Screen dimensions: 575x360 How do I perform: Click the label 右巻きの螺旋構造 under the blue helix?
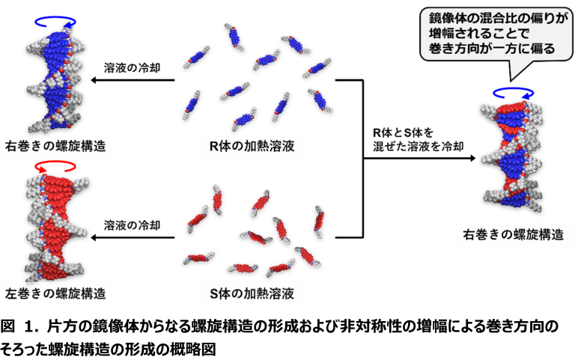click(x=55, y=146)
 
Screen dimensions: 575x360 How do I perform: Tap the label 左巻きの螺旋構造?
click(x=55, y=293)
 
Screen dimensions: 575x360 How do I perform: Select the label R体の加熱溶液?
click(x=252, y=146)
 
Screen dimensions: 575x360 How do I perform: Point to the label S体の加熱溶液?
click(x=252, y=293)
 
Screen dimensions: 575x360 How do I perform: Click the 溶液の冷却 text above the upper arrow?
click(x=132, y=68)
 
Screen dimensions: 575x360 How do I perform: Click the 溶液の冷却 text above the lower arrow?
click(x=132, y=225)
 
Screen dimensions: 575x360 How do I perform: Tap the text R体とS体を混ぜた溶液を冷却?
click(x=418, y=139)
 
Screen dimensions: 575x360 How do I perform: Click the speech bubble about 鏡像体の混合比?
click(x=496, y=34)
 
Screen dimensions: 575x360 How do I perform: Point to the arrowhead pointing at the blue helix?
click(x=94, y=80)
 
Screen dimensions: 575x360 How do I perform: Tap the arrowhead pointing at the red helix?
click(x=94, y=237)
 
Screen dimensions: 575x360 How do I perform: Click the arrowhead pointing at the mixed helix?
click(x=472, y=159)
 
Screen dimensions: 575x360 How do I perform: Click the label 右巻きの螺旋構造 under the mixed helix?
click(x=513, y=234)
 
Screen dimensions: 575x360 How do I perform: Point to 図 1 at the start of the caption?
click(x=21, y=326)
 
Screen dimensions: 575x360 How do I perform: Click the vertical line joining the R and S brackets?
click(x=363, y=159)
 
